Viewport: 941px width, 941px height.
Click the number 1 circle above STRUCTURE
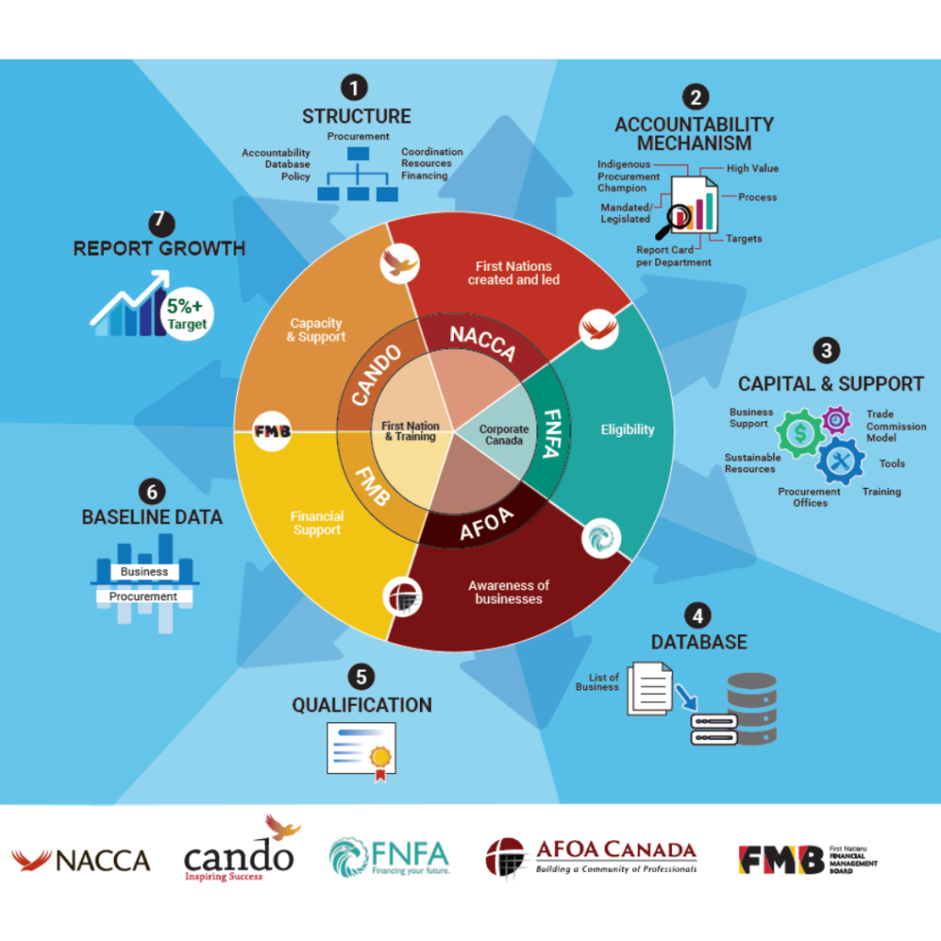coord(354,87)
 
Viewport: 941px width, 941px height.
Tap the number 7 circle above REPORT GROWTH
coord(161,223)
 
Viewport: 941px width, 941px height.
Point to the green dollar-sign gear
coord(800,431)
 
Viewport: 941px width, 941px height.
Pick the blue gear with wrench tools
coord(841,460)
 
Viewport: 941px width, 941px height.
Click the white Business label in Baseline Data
coord(144,572)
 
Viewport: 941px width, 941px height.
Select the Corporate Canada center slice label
coord(505,434)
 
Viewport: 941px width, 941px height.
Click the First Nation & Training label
coord(411,431)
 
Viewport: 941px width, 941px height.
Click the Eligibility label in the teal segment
coord(628,429)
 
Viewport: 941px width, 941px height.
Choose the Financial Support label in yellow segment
coord(317,523)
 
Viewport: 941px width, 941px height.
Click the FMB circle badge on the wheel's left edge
coord(271,431)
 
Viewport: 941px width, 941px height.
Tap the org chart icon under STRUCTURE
coord(357,175)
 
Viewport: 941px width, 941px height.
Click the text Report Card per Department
coord(674,255)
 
